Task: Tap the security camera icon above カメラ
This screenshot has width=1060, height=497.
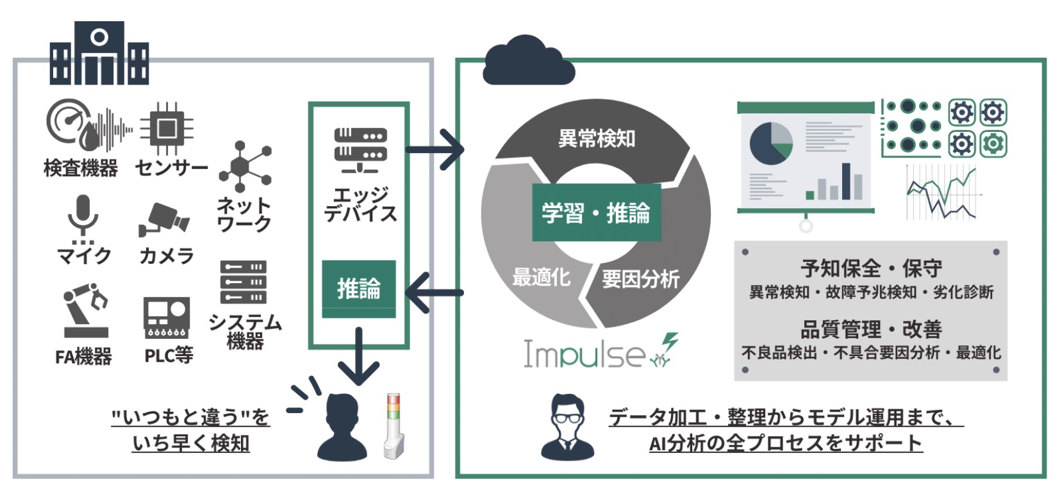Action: pos(164,220)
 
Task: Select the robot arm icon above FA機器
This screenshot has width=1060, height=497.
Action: pos(85,311)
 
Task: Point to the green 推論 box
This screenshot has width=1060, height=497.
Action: pos(359,289)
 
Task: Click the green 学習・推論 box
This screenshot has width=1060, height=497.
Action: pos(596,213)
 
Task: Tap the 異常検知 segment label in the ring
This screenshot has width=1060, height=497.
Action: pos(596,138)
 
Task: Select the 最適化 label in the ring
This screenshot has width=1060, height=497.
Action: pos(542,277)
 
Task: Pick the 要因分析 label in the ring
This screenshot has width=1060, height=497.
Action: pos(640,279)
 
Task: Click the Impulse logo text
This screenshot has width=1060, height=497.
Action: pos(583,354)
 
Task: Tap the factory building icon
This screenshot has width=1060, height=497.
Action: pos(99,54)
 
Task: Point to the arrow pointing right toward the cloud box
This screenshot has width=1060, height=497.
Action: pos(435,150)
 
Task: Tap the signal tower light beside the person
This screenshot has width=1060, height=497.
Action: pos(393,426)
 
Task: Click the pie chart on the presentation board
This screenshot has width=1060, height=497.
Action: pos(771,143)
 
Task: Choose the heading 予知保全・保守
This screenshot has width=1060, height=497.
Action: pos(870,268)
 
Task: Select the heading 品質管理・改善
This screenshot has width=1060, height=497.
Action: pos(870,329)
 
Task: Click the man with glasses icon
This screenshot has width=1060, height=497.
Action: pos(568,426)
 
